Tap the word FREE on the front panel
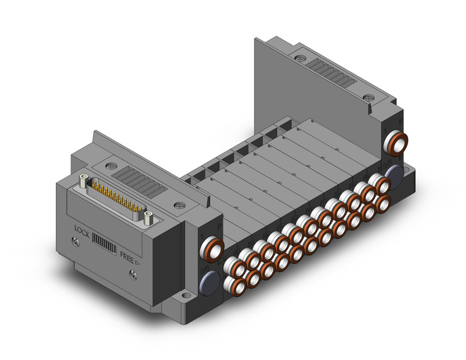tap(127, 258)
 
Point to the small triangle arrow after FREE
tap(137, 262)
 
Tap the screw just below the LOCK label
tap(76, 243)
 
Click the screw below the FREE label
tap(134, 275)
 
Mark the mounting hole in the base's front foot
tap(186, 296)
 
